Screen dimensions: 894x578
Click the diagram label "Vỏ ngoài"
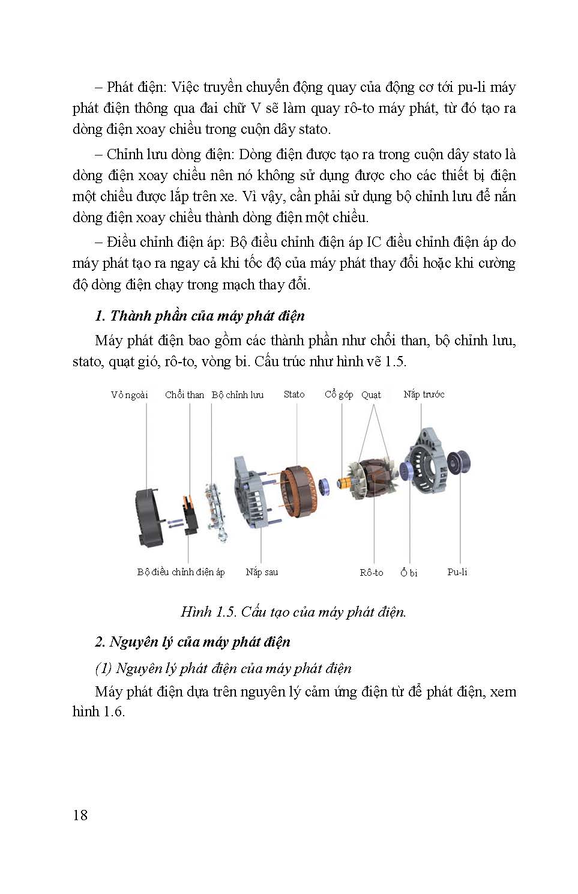tap(129, 395)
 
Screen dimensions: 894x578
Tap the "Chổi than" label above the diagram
tap(184, 395)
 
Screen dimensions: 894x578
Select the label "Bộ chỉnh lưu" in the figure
tap(238, 395)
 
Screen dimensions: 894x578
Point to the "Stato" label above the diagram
tap(294, 394)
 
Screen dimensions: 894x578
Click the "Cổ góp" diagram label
tap(339, 394)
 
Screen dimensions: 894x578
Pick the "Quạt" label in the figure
tap(371, 395)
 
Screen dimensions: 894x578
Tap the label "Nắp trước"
tap(424, 394)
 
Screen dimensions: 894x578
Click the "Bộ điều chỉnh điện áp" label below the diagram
tap(181, 572)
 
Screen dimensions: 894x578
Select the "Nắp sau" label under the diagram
tap(262, 572)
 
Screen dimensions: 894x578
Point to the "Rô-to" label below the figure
tap(372, 573)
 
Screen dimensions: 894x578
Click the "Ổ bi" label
tap(409, 573)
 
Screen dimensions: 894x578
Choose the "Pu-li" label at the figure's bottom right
tap(457, 572)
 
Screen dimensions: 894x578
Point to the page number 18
tap(80, 815)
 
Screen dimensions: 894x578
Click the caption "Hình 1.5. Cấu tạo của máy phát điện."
tap(294, 612)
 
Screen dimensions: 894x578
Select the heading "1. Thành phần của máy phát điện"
tap(200, 316)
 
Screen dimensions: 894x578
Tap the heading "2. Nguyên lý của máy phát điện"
tap(193, 642)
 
